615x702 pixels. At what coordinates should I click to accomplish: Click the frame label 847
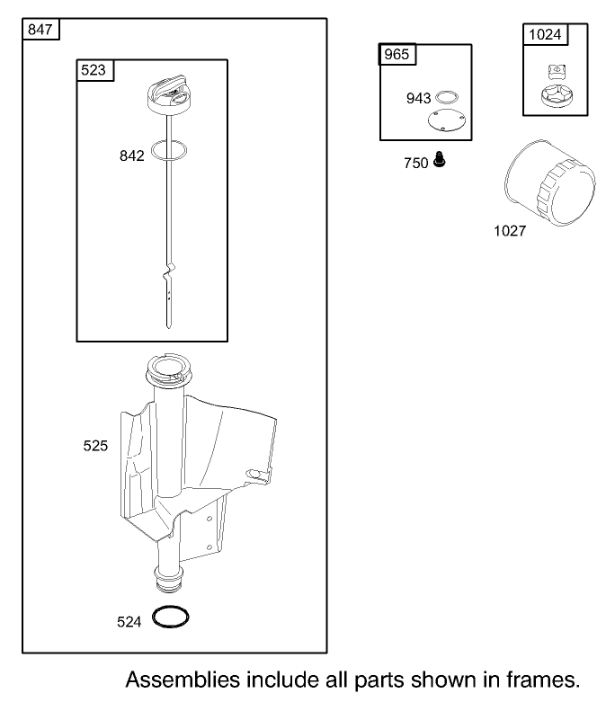pyautogui.click(x=40, y=30)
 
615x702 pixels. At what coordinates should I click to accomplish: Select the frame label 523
pyautogui.click(x=94, y=70)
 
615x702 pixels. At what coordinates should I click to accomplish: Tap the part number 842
pyautogui.click(x=131, y=156)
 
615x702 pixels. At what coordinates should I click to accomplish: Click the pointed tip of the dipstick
pyautogui.click(x=168, y=328)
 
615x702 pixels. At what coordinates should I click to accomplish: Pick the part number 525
pyautogui.click(x=95, y=446)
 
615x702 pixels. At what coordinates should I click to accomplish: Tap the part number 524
pyautogui.click(x=129, y=622)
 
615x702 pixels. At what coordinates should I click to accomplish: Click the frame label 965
pyautogui.click(x=397, y=54)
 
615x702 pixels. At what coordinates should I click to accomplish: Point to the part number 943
pyautogui.click(x=418, y=98)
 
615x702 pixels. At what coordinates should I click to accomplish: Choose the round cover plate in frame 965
pyautogui.click(x=447, y=120)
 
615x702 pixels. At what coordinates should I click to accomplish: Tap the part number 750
pyautogui.click(x=416, y=163)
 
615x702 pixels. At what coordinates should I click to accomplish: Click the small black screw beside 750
pyautogui.click(x=440, y=159)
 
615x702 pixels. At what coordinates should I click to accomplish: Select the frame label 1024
pyautogui.click(x=545, y=34)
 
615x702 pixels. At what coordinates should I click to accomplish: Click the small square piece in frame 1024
pyautogui.click(x=557, y=72)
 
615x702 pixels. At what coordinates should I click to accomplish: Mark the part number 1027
pyautogui.click(x=510, y=231)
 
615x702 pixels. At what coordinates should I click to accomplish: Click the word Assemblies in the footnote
pyautogui.click(x=183, y=680)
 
